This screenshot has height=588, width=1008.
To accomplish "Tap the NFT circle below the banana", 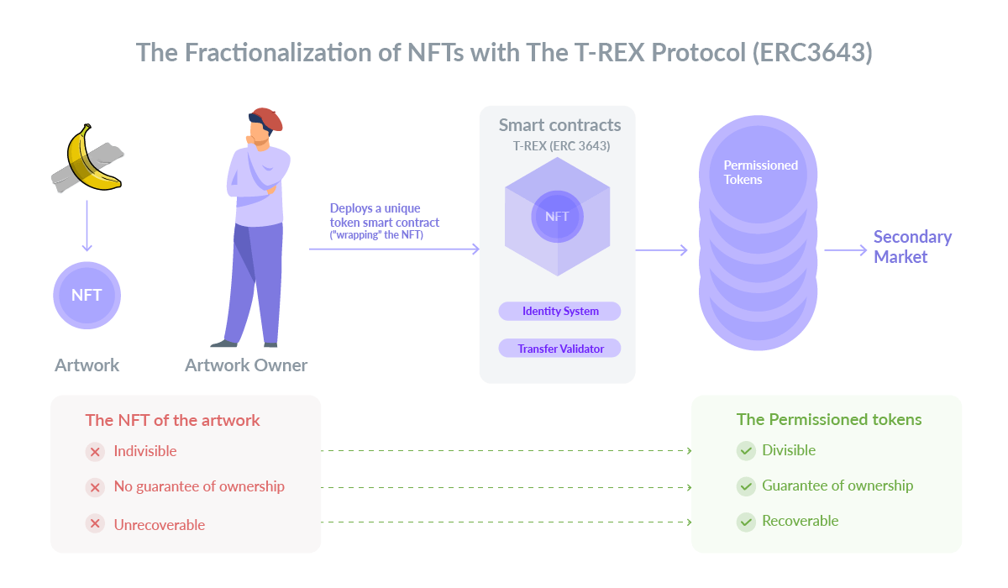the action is click(x=87, y=295).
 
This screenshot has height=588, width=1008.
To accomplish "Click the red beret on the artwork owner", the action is click(x=267, y=118).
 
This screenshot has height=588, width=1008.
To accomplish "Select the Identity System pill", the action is click(x=559, y=312).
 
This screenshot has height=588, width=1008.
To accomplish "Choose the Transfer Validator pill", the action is click(x=559, y=349).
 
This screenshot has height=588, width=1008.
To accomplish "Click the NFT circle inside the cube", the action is click(x=557, y=217).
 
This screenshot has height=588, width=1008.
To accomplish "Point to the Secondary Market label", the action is click(x=912, y=246).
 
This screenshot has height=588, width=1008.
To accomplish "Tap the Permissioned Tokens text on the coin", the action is click(x=760, y=172).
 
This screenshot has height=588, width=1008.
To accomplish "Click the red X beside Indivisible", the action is click(x=95, y=452).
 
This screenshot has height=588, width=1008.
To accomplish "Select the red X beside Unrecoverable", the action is click(x=95, y=523).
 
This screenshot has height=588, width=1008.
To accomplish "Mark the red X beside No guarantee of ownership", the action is click(x=95, y=487).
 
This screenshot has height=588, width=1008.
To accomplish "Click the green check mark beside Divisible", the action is click(x=746, y=450).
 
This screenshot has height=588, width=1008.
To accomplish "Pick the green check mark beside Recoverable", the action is click(x=746, y=522).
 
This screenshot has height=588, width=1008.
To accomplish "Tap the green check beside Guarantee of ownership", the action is click(x=746, y=486).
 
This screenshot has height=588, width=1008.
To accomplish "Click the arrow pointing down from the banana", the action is click(x=87, y=226).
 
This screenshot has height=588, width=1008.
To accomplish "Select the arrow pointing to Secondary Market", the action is click(x=846, y=250).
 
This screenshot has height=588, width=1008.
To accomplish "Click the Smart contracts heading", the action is click(x=559, y=125).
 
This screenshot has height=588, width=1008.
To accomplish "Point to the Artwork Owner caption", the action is click(x=246, y=365).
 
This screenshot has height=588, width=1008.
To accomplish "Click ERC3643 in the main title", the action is click(x=813, y=53).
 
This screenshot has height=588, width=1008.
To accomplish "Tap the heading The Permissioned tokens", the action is click(x=829, y=420).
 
